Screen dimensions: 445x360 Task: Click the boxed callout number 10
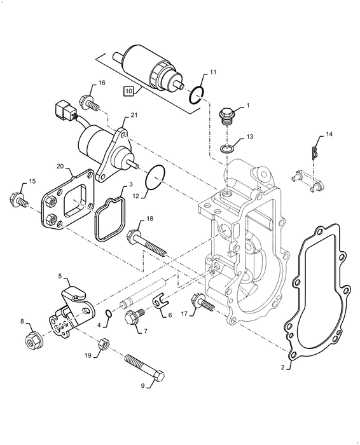point(128,92)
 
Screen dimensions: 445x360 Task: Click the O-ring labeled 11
point(197,95)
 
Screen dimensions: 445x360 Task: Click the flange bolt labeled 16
point(87,101)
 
